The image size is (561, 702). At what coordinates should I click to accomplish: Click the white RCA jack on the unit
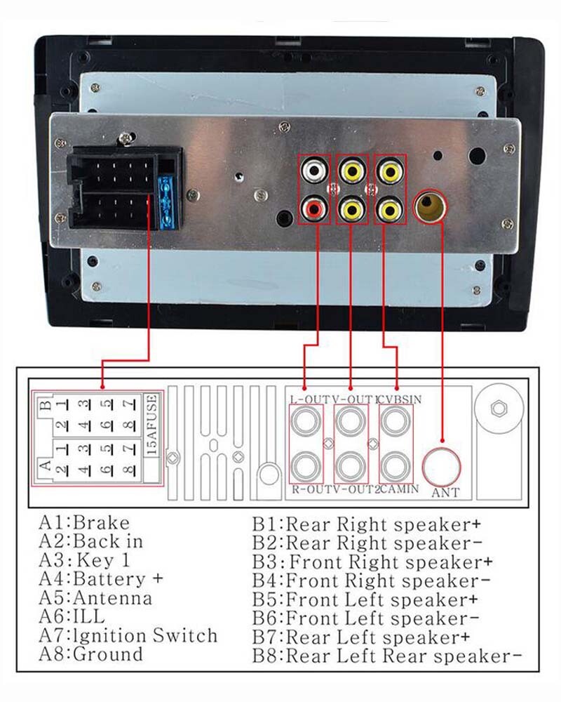click(x=314, y=171)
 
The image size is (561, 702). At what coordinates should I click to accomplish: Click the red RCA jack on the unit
click(x=314, y=208)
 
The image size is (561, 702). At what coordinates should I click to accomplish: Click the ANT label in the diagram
click(x=445, y=493)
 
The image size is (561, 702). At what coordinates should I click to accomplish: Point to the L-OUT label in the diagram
click(x=309, y=399)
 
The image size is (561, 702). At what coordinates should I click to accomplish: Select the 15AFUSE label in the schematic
click(x=152, y=425)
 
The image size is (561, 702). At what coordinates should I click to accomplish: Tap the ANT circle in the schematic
click(x=442, y=467)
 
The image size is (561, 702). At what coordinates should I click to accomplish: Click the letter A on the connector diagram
click(x=46, y=465)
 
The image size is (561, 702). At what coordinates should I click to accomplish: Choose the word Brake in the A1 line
click(x=101, y=522)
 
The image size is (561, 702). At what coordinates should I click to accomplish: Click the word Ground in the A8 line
click(x=108, y=654)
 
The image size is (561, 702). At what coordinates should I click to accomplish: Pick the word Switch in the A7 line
click(x=184, y=635)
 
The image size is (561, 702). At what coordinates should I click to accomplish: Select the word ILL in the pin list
click(x=88, y=616)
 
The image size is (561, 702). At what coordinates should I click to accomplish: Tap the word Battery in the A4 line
click(x=109, y=580)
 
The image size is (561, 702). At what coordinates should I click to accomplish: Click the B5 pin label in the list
click(x=266, y=599)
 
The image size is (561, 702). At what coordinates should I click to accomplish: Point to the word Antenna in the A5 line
click(x=112, y=597)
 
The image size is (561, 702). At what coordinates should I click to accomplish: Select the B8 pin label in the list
click(x=266, y=656)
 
